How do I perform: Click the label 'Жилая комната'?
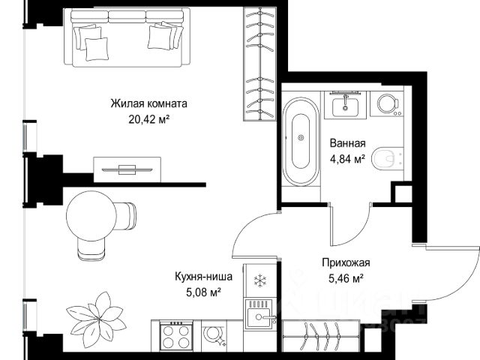point(148,103)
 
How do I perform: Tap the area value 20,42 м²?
point(149,119)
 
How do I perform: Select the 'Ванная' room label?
point(348,143)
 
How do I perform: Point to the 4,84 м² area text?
point(347,159)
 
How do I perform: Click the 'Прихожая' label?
point(346,262)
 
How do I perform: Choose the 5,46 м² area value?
point(346,278)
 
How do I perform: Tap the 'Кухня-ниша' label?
point(203,277)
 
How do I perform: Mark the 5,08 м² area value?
point(203,292)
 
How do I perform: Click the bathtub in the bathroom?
point(301,142)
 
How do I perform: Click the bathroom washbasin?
point(345,106)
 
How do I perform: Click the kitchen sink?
point(259,314)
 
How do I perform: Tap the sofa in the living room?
point(127,37)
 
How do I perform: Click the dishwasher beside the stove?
point(214,336)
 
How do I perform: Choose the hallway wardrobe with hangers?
point(321,336)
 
